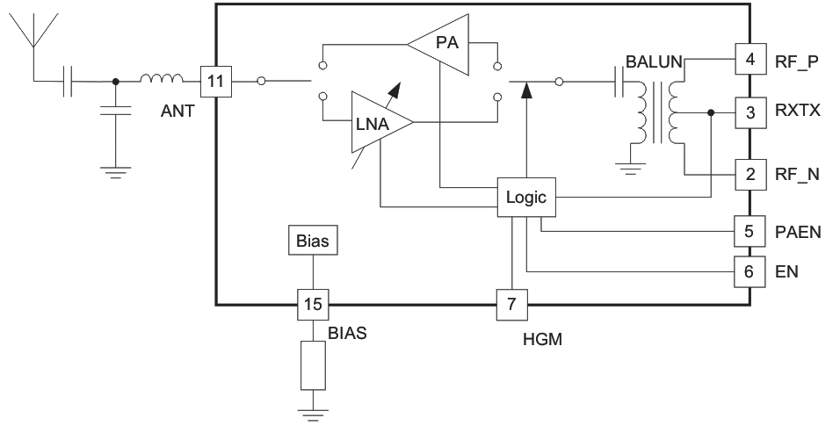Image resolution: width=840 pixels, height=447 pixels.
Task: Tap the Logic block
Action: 525,197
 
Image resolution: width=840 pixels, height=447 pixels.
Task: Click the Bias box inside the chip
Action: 313,241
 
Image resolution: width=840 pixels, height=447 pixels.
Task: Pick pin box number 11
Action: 215,82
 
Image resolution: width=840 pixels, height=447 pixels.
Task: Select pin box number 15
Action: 313,305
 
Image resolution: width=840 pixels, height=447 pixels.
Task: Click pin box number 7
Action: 511,305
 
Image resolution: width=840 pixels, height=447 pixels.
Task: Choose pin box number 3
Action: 749,112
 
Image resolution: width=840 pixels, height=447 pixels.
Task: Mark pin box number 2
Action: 749,174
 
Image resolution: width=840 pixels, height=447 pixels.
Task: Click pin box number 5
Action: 749,233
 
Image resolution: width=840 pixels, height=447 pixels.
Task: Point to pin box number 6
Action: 749,271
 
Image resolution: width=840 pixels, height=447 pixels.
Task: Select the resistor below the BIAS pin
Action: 313,365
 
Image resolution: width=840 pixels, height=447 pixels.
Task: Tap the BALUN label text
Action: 654,62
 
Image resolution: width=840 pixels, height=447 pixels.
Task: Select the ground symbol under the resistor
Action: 313,414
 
